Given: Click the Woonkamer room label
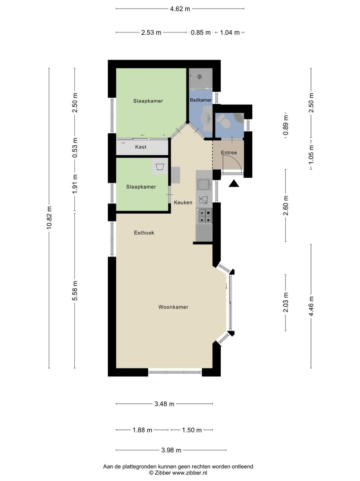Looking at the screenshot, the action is coord(173,307).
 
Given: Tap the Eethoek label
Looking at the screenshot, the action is coord(144,233).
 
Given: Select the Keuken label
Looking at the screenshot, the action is coord(183,203).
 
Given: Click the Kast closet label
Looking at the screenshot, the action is coord(141,147).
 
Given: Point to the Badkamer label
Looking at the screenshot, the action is coord(201,100).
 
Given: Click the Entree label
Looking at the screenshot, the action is coord(229,152).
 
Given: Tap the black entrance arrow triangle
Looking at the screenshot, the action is coord(234,183).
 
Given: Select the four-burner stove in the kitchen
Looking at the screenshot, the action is coord(204,216).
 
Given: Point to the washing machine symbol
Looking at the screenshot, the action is coord(160,167).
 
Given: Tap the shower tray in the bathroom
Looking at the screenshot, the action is coord(201,78).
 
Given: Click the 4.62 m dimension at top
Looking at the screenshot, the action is coord(180,9).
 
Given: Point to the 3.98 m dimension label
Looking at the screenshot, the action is coord(171,450).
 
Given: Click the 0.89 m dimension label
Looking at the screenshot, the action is coord(286,125).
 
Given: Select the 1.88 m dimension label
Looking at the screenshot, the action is coord(142,430).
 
